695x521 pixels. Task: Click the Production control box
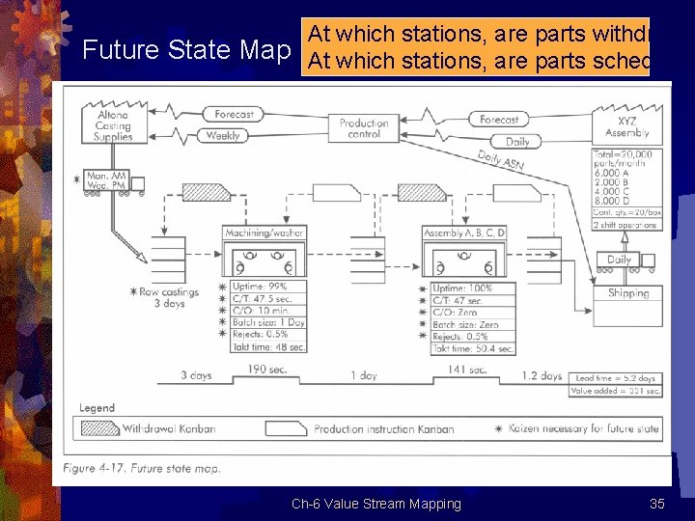click(x=364, y=128)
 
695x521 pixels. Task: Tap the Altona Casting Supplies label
click(x=113, y=126)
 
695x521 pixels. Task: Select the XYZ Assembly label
click(x=626, y=126)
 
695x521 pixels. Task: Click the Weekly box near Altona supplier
click(x=222, y=136)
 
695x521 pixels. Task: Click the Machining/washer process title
click(x=264, y=233)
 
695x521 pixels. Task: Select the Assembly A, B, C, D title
click(x=463, y=233)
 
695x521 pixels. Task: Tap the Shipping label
click(x=628, y=293)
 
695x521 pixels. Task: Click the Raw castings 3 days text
click(x=169, y=297)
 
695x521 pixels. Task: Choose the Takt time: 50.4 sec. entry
click(x=473, y=348)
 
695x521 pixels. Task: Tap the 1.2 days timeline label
click(x=542, y=376)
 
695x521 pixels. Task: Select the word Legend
click(x=97, y=408)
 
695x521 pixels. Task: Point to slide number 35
click(x=657, y=504)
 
